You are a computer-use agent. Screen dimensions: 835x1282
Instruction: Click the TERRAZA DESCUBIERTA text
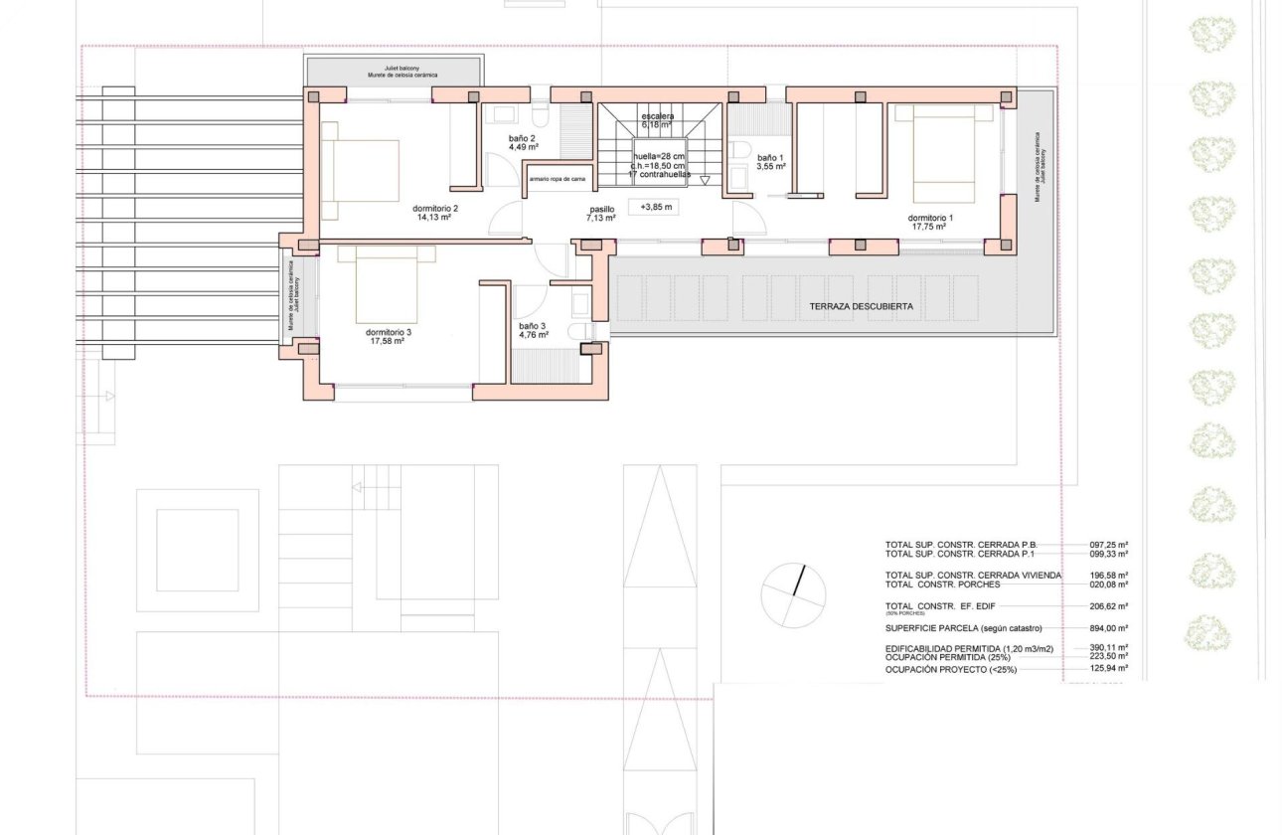point(861,306)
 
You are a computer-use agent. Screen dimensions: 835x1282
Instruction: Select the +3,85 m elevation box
point(656,208)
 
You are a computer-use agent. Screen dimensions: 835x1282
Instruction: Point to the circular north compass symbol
point(793,595)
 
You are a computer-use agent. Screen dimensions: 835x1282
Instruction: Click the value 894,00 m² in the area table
point(1109,628)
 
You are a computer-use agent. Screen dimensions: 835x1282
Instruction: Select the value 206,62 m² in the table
point(1109,605)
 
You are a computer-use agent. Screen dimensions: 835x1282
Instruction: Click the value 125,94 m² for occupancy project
point(1109,670)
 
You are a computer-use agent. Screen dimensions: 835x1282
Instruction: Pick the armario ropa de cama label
point(557,179)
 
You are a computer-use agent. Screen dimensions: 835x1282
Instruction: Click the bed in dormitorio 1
point(938,154)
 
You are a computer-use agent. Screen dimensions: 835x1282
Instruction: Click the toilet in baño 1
point(740,151)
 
